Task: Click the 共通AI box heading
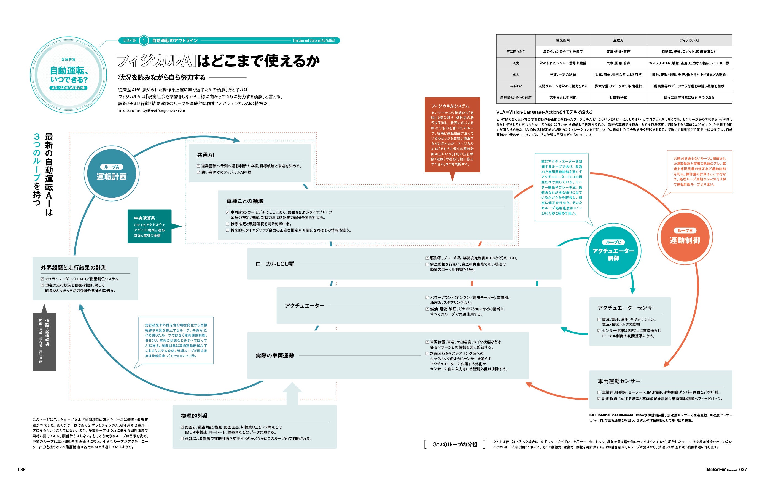[x=205, y=155]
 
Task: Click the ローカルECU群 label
[x=275, y=264]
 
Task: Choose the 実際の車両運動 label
[x=275, y=356]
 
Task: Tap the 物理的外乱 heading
[x=195, y=416]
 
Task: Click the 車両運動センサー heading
[x=619, y=381]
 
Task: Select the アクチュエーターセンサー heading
[x=627, y=308]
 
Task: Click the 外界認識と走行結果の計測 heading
[x=73, y=268]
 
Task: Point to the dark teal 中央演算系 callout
[x=150, y=226]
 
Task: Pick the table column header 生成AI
[x=618, y=40]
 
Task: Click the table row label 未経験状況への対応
[x=516, y=97]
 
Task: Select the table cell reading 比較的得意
[x=618, y=97]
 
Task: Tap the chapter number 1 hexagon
[x=144, y=40]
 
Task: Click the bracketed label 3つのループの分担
[x=455, y=444]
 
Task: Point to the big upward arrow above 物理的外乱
[x=292, y=394]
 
